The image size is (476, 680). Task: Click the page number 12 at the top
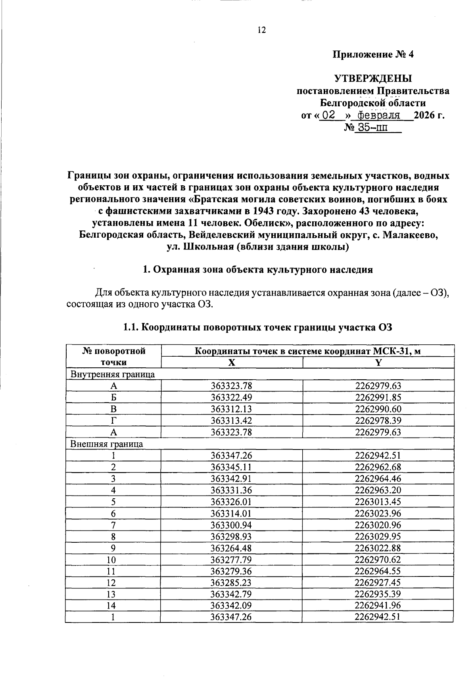pos(261,30)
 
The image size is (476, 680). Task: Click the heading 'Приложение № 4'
pos(373,54)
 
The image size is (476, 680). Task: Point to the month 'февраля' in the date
pos(378,115)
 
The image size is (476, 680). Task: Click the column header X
pos(232,362)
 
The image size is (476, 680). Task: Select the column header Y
pos(378,362)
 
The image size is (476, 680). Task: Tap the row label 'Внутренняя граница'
pos(113,374)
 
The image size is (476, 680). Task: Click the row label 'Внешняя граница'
pos(107,444)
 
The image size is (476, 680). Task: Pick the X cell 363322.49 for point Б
pos(232,398)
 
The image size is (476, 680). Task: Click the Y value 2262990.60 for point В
pos(378,409)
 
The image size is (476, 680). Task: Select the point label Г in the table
pos(113,421)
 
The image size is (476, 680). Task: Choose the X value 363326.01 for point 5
pos(232,502)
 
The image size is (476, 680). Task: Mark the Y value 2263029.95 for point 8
pos(378,537)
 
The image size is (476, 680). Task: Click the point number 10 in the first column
pos(113,560)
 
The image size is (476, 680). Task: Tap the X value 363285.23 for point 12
pos(232,583)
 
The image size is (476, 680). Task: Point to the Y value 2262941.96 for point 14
pos(378,606)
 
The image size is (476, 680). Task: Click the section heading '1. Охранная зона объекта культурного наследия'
pos(258,270)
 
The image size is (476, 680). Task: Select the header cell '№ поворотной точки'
pos(113,356)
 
